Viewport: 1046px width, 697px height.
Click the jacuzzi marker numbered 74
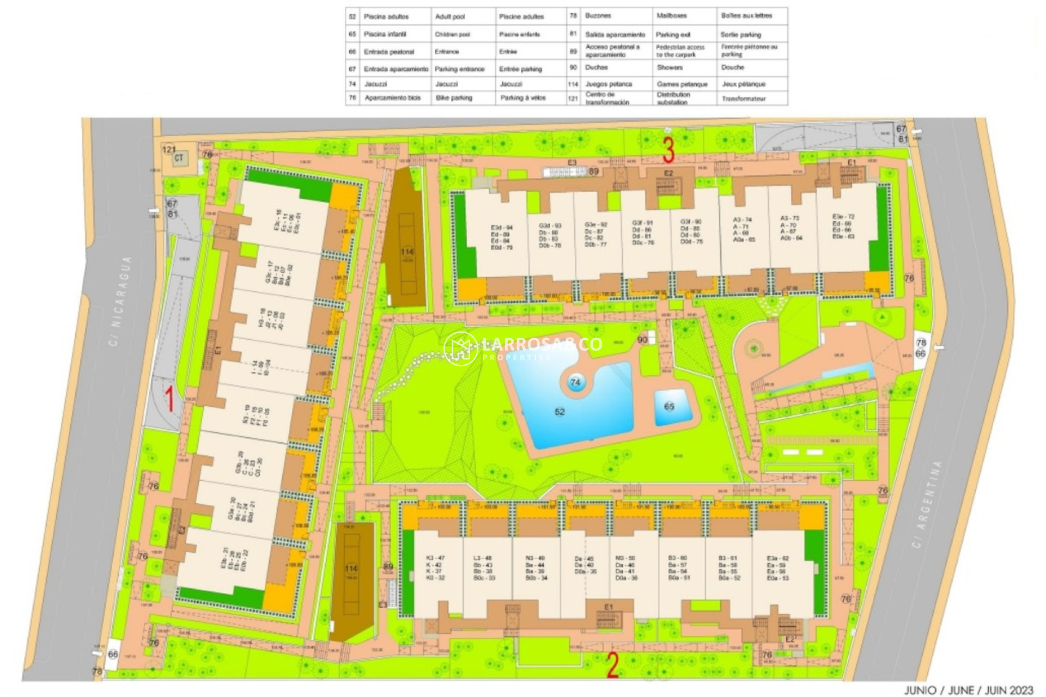(x=575, y=383)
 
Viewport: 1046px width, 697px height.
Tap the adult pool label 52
(x=560, y=412)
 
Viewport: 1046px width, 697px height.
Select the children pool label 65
(x=669, y=407)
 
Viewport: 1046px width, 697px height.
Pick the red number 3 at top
(x=668, y=150)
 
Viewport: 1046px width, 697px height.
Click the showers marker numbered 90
(x=642, y=340)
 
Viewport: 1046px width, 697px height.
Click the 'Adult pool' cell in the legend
(x=450, y=17)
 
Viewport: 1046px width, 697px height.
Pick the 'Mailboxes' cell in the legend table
(x=671, y=16)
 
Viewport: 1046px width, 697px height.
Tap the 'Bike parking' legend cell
(x=454, y=98)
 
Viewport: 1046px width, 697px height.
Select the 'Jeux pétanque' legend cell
(x=743, y=84)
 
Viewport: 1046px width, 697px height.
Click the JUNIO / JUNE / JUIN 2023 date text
(x=969, y=690)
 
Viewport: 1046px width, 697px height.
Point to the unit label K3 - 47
(x=435, y=558)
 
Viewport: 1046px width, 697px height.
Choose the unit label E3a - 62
(x=777, y=559)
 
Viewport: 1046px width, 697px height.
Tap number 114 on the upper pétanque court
(x=407, y=252)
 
